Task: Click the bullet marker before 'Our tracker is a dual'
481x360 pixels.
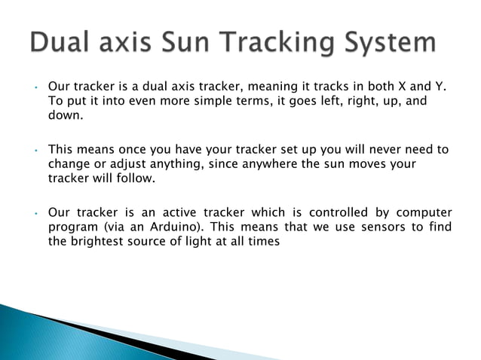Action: tap(35, 88)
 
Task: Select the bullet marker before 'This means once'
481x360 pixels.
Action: tap(35, 151)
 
